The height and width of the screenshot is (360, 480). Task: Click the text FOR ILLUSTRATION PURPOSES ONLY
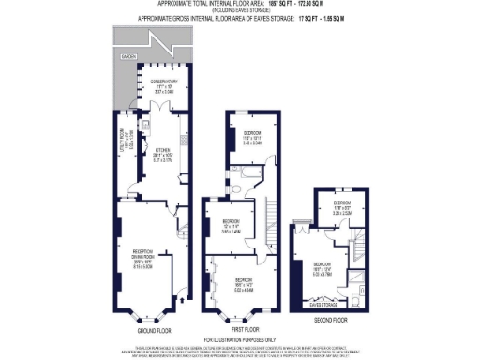[x=240, y=340]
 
